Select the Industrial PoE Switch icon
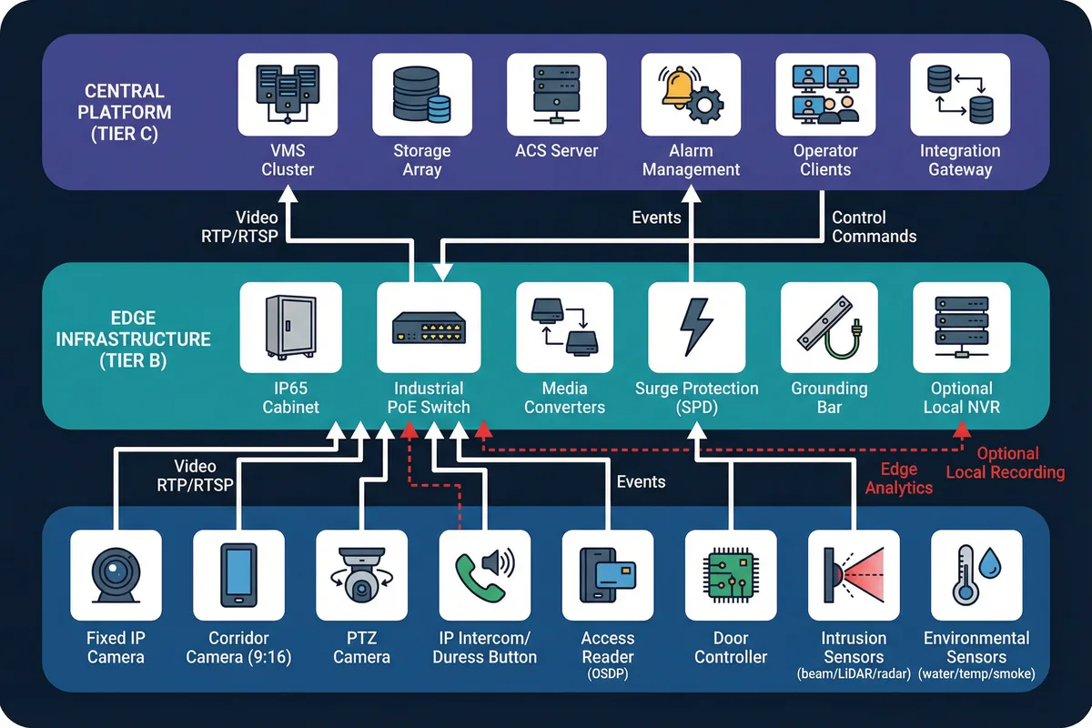click(x=428, y=327)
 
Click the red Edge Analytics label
click(x=898, y=479)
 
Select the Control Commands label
click(x=874, y=227)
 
